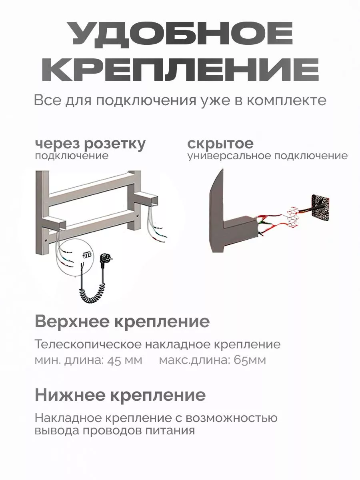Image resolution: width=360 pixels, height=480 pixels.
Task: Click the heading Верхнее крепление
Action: click(x=122, y=322)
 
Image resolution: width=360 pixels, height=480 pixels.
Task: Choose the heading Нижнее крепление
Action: click(x=120, y=395)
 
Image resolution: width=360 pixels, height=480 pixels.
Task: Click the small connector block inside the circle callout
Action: click(x=87, y=255)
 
